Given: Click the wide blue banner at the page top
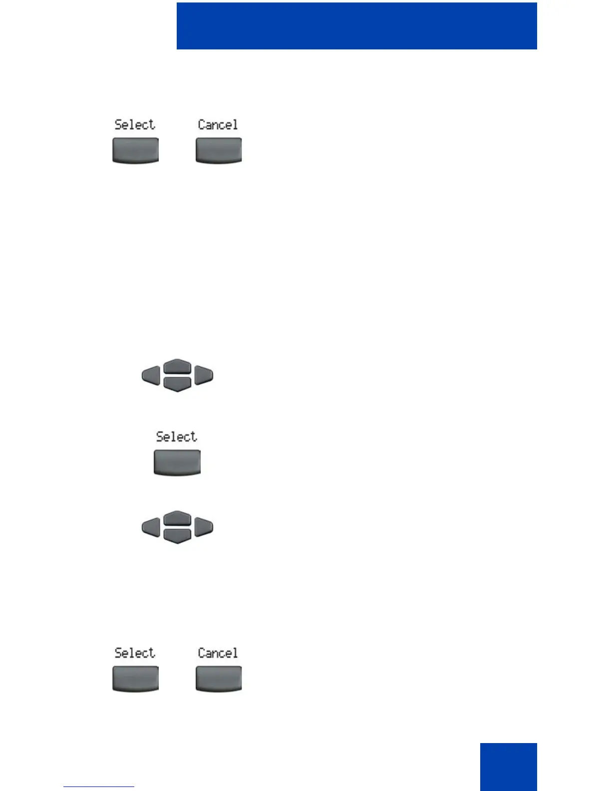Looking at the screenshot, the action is coord(356,26).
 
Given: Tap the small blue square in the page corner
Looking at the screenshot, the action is coord(508,766).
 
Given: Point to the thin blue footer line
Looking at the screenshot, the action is coord(99,787).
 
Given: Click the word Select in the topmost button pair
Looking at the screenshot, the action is coord(135,124).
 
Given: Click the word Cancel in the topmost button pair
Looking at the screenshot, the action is coord(218,124).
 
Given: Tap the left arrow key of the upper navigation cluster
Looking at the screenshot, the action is coord(151,375).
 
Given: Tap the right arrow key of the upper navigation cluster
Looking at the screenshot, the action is coord(204,375).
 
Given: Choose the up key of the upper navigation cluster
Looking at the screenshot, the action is coord(177,367).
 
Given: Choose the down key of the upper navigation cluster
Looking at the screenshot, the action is coord(177,384).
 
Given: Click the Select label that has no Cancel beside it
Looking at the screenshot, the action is coord(177,436).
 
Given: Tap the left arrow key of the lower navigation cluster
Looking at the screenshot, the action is coord(151,527).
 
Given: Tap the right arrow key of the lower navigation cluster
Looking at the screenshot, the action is coord(204,527).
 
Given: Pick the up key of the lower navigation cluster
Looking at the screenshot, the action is coord(177,518).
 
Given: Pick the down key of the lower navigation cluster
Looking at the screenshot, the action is coord(177,535).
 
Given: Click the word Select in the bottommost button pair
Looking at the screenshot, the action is coord(135,653).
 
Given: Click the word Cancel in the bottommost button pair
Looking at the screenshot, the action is coord(218,653).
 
